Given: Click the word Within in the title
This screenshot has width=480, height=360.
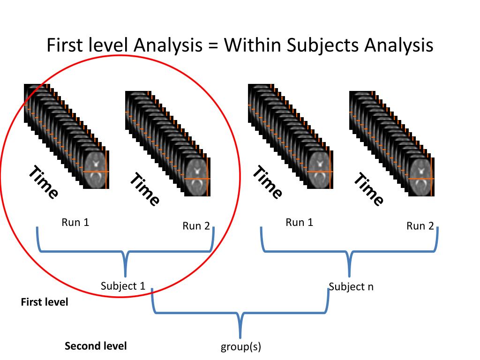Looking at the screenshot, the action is point(253,45).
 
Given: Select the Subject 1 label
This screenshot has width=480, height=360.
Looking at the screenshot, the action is point(123,286).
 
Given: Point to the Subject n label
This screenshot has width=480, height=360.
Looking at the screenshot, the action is point(351,286).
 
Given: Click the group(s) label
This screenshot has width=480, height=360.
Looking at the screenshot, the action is point(241,347).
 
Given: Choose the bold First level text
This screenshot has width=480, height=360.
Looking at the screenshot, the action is point(45,302).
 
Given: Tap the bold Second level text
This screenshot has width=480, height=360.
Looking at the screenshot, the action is point(96,346).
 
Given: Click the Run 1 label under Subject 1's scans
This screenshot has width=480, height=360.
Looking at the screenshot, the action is point(75,222).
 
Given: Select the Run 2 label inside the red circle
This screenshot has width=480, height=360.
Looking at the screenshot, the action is point(196,226).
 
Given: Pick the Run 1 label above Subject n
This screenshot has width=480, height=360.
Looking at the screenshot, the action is point(300,222).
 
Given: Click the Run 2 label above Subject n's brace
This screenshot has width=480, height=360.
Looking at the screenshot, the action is point(420,226).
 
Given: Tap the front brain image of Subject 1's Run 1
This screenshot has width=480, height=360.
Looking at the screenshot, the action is point(96,170).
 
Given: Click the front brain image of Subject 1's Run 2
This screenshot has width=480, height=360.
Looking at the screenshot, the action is point(197,177).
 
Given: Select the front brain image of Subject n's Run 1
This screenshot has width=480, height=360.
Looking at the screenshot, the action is point(320,170).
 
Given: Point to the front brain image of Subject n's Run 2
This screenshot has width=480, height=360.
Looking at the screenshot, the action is point(421,177).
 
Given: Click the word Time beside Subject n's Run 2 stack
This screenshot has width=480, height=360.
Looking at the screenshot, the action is point(368,189).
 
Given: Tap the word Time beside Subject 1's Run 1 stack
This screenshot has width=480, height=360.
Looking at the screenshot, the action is point(44,182).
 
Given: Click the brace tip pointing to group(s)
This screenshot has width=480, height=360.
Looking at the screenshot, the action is point(240,337).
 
